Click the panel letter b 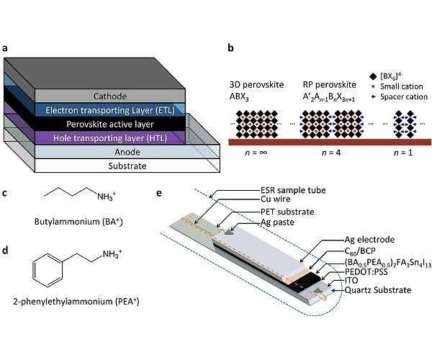(230, 49)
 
